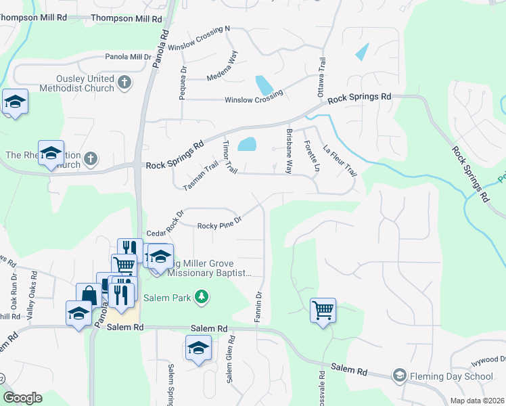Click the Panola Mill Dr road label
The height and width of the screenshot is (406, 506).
[128, 58]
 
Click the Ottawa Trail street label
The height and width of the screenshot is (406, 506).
[323, 74]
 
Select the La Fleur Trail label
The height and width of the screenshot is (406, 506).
[340, 162]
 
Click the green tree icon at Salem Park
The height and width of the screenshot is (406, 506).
[201, 296]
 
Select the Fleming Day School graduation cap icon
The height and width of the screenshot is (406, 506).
[400, 376]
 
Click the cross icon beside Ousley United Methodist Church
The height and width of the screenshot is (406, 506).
[123, 83]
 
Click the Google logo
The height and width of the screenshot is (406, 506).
[22, 398]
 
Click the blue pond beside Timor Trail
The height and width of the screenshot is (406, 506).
[248, 143]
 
